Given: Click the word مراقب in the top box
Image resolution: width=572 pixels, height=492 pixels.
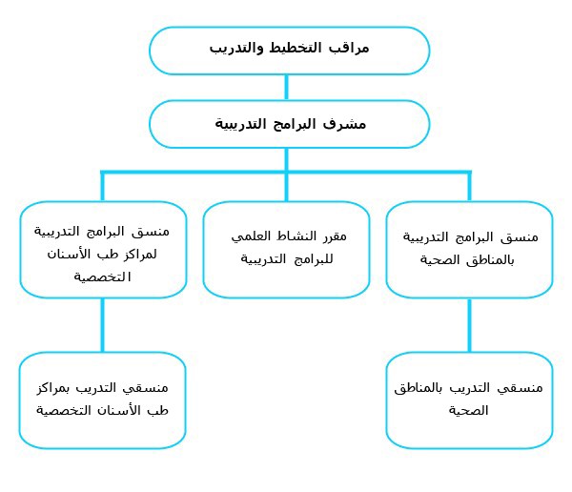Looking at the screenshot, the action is click(x=349, y=49).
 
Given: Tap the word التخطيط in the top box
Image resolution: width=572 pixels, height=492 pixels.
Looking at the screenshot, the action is click(x=296, y=48).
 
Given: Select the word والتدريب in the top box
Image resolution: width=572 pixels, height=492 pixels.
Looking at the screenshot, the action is click(x=236, y=49).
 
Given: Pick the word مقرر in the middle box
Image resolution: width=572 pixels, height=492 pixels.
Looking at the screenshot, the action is click(x=335, y=236).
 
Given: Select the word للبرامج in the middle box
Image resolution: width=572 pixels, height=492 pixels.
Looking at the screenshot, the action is click(x=314, y=259).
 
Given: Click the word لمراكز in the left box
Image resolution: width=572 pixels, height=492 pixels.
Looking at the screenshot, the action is click(x=141, y=254).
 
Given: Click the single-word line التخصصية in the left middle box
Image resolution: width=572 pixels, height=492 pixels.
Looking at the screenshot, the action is click(x=103, y=277).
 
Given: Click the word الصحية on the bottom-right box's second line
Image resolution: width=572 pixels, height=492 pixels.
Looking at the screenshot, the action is click(x=468, y=411).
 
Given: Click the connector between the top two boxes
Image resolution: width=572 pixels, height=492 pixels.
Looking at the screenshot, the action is click(x=286, y=87).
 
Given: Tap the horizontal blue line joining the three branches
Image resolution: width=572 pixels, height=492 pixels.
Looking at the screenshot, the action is click(x=286, y=172).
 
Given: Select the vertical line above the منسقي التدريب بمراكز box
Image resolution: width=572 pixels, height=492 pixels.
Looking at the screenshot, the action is click(x=103, y=325).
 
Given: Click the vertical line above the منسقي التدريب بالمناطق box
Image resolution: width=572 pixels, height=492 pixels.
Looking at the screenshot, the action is click(x=469, y=325).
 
